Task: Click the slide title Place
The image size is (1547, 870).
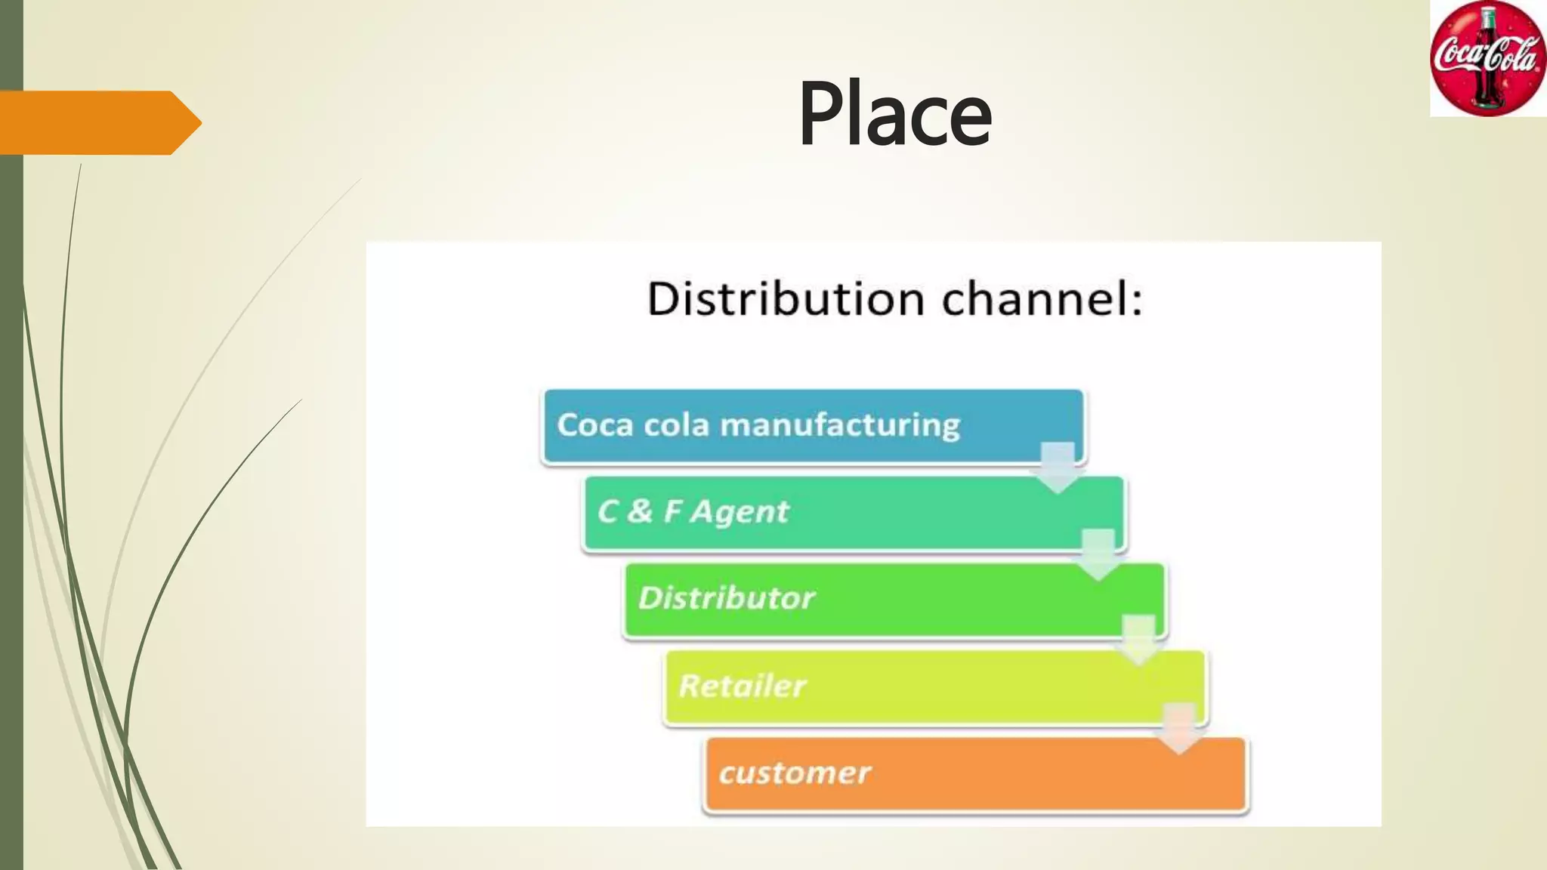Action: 894,115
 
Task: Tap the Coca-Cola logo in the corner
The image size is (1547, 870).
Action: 1487,59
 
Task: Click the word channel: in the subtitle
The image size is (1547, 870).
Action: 1042,298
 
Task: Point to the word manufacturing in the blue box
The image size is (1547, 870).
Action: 840,425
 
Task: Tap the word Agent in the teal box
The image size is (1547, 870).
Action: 740,512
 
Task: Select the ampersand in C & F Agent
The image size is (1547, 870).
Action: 639,511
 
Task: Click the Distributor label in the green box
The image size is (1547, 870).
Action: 727,598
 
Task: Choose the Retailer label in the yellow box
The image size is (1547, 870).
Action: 742,686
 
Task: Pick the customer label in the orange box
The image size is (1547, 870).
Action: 795,773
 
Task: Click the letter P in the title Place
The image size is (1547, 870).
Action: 821,115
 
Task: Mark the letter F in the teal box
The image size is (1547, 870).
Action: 672,511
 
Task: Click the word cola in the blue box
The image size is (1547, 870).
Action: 676,424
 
